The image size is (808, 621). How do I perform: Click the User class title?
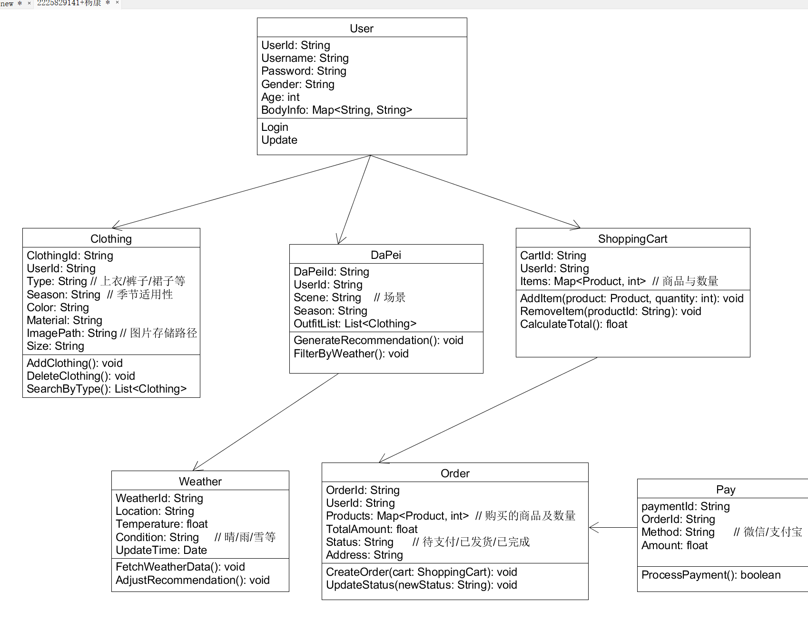[x=362, y=29]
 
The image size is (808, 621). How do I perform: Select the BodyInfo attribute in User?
[x=337, y=110]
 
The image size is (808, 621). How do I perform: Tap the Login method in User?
[x=275, y=127]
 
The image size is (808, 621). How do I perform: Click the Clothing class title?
[x=111, y=239]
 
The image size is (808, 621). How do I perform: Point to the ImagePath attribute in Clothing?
[x=112, y=333]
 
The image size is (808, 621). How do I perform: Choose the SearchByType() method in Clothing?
[x=107, y=389]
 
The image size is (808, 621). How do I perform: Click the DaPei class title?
[x=386, y=255]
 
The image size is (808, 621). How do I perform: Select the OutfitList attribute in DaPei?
[x=355, y=324]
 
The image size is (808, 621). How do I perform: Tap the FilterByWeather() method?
[x=351, y=354]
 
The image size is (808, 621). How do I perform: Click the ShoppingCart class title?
[x=633, y=239]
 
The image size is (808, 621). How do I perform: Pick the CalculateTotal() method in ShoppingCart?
[x=574, y=324]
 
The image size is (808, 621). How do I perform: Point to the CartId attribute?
[x=553, y=256]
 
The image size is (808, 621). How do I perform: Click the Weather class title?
[x=200, y=482]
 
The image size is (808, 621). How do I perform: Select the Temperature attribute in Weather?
[x=162, y=524]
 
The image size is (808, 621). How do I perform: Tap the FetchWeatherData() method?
[x=180, y=567]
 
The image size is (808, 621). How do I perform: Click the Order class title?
[x=455, y=473]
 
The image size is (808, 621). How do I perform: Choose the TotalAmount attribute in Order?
[x=372, y=529]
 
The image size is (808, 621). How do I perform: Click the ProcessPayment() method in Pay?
[x=711, y=575]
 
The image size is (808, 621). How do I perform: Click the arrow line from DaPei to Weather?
[x=266, y=422]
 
